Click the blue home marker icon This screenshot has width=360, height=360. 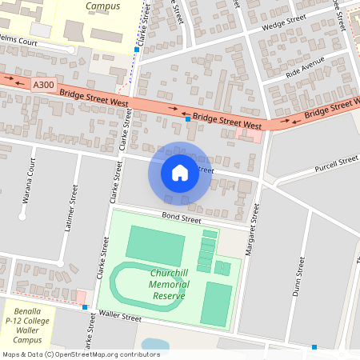coord(180,173)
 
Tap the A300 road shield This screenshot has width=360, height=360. coord(44,83)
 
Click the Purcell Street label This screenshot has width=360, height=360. coord(336,164)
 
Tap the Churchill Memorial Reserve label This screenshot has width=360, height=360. coord(167,284)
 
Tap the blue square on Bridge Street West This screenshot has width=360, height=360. coord(188,118)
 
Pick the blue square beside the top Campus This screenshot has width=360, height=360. coord(137,50)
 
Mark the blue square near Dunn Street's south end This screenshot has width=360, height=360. coord(314,347)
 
